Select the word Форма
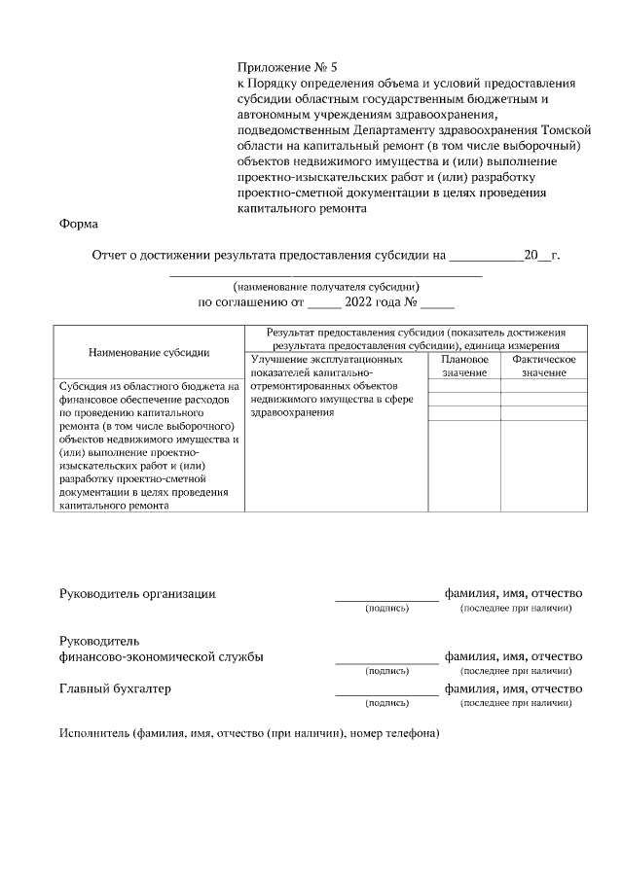79,224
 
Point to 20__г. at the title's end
542,256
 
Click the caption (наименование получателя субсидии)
325,287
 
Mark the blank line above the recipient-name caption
325,276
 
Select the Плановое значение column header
464,366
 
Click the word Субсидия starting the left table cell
86,386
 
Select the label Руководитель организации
137,593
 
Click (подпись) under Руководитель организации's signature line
386,609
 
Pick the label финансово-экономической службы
161,656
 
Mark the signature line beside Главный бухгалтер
386,694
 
